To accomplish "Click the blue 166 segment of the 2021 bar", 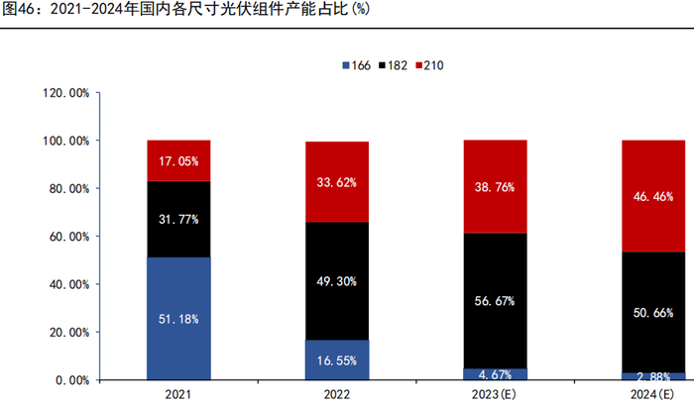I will point(178,297).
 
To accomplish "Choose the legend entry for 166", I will point(356,65).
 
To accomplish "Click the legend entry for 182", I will point(392,65).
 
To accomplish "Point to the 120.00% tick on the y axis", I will point(66,93).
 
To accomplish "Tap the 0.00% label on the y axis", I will point(72,380).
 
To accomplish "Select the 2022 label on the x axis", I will point(337,395).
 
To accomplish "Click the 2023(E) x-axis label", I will point(496,395).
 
